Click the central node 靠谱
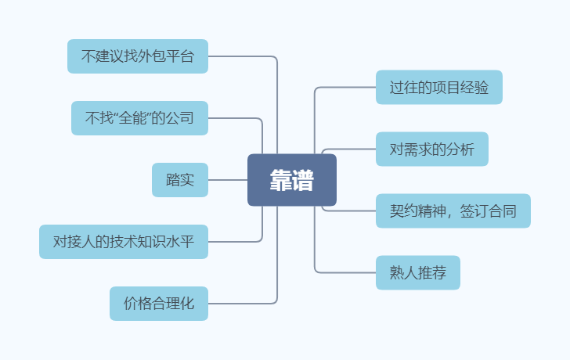pyautogui.click(x=292, y=180)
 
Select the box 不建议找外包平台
pyautogui.click(x=138, y=56)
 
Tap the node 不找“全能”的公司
pyautogui.click(x=139, y=118)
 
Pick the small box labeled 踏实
pyautogui.click(x=180, y=180)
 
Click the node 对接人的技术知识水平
pyautogui.click(x=124, y=242)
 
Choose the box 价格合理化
pyautogui.click(x=159, y=304)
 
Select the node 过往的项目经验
pyautogui.click(x=439, y=87)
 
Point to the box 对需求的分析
pyautogui.click(x=432, y=149)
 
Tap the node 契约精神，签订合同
pyautogui.click(x=453, y=211)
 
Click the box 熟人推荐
pyautogui.click(x=418, y=272)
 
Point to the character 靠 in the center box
pyautogui.click(x=281, y=180)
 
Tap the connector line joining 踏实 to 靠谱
pyautogui.click(x=228, y=180)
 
